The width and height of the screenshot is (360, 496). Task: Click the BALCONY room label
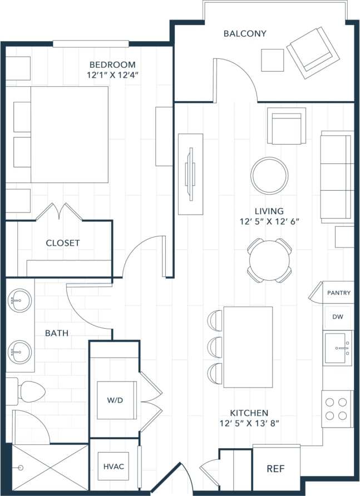[245, 33]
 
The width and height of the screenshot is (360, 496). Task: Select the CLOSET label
[62, 243]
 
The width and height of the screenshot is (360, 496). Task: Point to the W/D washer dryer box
[117, 400]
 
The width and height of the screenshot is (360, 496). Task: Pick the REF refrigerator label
[276, 469]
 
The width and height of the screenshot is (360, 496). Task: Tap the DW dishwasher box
[338, 317]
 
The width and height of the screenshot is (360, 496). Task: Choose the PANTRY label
[339, 292]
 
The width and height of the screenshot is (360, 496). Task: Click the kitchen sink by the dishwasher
[338, 349]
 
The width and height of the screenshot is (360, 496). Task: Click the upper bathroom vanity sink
[19, 301]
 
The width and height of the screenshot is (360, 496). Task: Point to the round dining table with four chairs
[269, 260]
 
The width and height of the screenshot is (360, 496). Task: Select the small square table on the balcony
[273, 60]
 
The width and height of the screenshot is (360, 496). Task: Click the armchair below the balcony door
[286, 126]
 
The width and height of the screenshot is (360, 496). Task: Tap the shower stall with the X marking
[50, 467]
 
